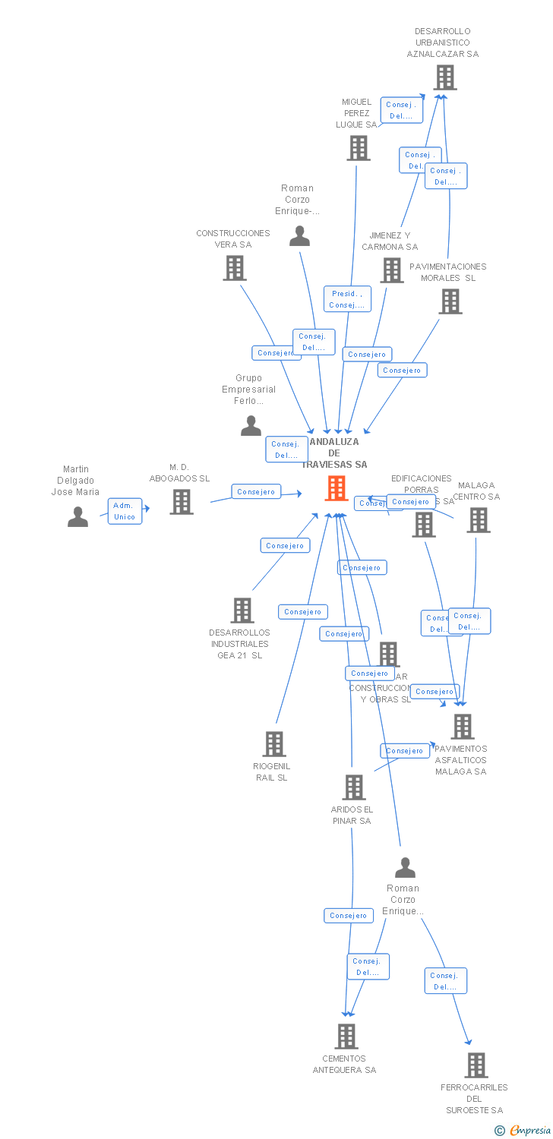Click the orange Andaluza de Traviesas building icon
coord(337,488)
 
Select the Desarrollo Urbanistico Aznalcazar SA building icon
coord(444,77)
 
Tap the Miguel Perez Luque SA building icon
coord(359,148)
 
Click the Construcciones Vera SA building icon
coord(234,268)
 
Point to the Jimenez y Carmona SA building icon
coord(392,270)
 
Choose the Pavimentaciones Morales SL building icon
coord(450,301)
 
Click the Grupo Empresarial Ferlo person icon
coord(251,426)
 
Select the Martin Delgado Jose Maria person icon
coord(77,517)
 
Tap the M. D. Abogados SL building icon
coord(181,502)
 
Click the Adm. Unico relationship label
coord(125,511)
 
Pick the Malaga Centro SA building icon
coord(478,520)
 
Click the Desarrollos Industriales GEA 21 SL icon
coord(242,611)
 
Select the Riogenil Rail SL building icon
coord(274,744)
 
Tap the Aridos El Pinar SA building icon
coord(354,787)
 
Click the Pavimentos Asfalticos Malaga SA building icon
coord(462,727)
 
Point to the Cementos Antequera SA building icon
coord(346,1036)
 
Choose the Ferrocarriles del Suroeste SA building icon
coord(476,1065)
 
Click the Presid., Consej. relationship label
coord(347,299)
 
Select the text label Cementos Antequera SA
coord(345,1065)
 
